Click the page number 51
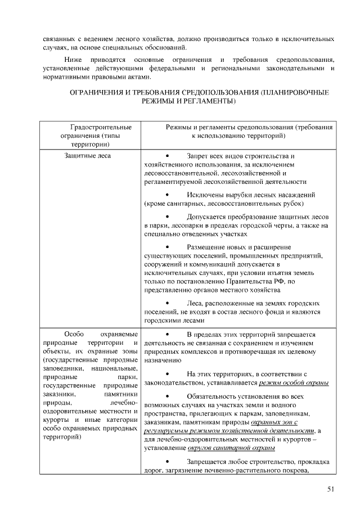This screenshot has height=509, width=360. [331, 489]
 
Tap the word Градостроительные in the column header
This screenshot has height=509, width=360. [93, 127]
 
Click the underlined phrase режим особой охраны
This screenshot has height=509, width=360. [294, 382]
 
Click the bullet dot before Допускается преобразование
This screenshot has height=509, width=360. [167, 216]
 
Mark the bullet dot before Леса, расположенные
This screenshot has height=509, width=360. [167, 303]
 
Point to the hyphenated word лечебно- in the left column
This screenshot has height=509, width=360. [124, 404]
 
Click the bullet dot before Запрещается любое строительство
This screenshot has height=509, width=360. [167, 461]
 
